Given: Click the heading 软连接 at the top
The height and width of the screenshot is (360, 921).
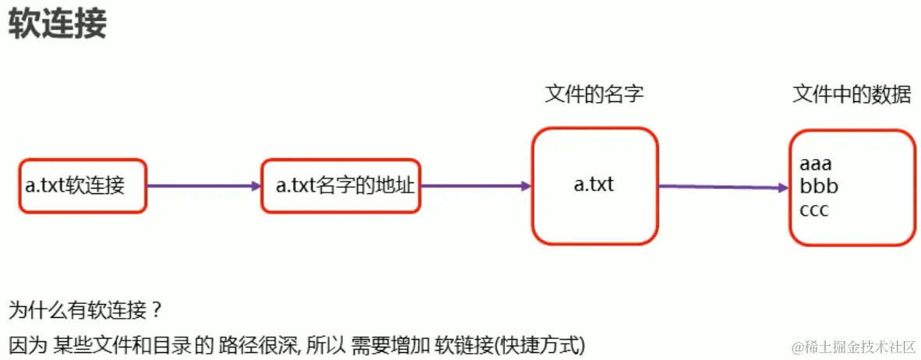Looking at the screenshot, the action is coord(57,26).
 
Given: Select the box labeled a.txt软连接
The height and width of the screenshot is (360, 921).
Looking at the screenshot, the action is coord(83,185).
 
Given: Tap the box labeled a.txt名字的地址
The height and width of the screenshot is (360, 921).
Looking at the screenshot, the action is coord(341,185).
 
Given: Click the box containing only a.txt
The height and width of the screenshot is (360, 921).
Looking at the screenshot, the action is coord(595,185).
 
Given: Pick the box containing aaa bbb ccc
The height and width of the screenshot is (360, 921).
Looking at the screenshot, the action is coord(851,188).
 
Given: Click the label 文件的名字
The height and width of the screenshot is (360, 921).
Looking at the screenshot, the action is coord(594,95).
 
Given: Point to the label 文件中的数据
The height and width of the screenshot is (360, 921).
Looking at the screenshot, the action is coord(851,95).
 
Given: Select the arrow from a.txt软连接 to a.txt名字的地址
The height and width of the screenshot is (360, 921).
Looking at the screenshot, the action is coord(203,186).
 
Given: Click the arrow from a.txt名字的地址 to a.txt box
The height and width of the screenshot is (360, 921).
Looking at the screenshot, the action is coord(475,186).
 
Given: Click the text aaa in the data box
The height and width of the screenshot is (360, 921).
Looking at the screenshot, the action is coord(816,164).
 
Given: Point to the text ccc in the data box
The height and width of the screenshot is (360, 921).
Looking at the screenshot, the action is coord(814,210).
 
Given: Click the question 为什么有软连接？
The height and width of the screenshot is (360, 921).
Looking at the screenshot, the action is coord(86,311).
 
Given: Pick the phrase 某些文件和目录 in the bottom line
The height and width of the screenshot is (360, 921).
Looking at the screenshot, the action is coord(122,344).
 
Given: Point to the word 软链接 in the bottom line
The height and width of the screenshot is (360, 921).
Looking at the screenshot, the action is coord(465,344).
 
